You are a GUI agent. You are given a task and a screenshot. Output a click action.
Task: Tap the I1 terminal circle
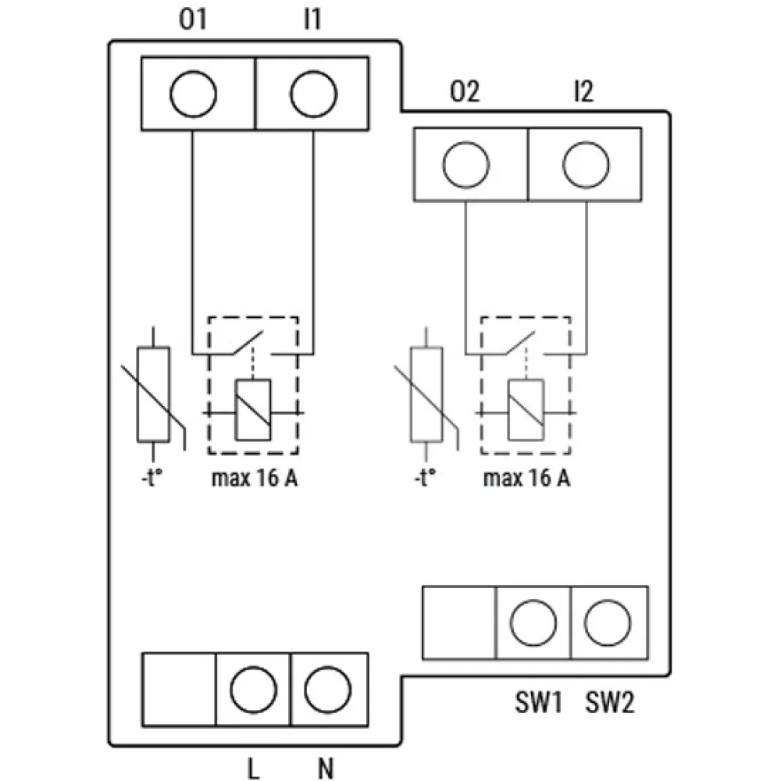[313, 94]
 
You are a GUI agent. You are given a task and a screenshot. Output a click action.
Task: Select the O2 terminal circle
[465, 165]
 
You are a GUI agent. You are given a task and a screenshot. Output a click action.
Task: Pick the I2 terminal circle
[585, 165]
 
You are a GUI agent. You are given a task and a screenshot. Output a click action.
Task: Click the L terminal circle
[253, 689]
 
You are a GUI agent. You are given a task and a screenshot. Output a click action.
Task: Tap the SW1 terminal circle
[533, 622]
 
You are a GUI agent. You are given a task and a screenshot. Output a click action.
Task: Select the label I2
[582, 92]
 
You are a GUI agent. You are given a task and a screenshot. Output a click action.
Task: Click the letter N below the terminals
[327, 769]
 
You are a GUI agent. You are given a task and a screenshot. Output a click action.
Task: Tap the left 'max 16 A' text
[254, 478]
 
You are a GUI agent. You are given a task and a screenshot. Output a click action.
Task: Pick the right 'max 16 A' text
[526, 478]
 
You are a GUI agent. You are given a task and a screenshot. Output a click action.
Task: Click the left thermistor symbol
[153, 394]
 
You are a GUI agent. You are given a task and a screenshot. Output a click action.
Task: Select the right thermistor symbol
[426, 394]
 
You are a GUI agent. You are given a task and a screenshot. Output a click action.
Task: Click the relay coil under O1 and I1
[254, 410]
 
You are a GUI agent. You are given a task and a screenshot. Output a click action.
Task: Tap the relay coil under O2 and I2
[526, 410]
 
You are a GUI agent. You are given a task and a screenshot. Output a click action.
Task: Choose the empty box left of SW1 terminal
[459, 622]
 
